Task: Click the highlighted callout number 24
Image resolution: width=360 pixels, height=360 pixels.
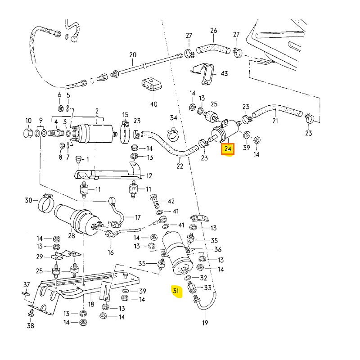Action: click(228, 148)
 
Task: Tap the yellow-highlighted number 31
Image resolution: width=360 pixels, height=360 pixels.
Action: click(176, 291)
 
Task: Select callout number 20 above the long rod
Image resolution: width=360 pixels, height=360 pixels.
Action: click(132, 55)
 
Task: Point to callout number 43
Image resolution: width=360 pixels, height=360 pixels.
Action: click(224, 73)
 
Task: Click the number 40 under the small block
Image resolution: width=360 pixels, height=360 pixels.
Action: click(154, 104)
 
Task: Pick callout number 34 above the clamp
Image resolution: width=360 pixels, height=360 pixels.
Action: click(174, 118)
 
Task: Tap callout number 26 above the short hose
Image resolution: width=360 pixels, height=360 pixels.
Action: click(213, 31)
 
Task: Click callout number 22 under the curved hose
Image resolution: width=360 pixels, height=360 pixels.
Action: click(180, 166)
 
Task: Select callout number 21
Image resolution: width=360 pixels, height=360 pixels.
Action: click(275, 121)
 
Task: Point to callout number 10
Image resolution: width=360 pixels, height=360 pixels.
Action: click(28, 121)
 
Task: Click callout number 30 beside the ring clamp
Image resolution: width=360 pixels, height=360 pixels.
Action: click(28, 200)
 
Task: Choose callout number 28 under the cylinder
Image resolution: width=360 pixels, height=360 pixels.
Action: click(71, 236)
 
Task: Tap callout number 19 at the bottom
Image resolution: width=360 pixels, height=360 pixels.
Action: click(205, 323)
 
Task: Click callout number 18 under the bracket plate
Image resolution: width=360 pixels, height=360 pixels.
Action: click(91, 305)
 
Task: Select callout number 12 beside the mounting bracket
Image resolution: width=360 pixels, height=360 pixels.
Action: click(149, 176)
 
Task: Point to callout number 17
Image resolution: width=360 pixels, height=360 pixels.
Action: click(138, 218)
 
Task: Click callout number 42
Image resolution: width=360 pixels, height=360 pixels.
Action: click(171, 201)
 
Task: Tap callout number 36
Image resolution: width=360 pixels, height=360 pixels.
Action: click(218, 249)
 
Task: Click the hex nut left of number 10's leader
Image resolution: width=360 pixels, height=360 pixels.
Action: click(27, 134)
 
